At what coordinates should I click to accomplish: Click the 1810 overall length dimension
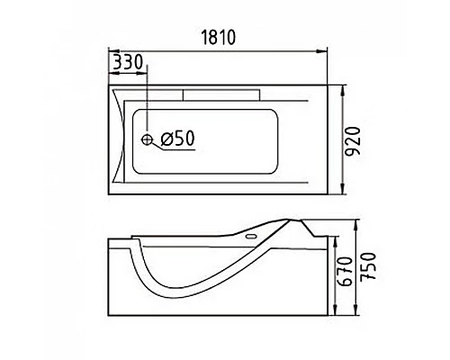click(x=218, y=38)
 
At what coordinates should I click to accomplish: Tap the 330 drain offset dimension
click(x=128, y=62)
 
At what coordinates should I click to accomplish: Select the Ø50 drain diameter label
click(x=178, y=139)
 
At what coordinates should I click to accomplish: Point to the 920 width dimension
click(x=352, y=140)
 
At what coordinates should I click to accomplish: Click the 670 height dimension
click(x=344, y=272)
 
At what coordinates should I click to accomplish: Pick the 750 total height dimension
click(x=368, y=266)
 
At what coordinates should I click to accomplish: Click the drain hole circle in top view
click(x=147, y=139)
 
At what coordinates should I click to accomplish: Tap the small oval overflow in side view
click(x=251, y=237)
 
